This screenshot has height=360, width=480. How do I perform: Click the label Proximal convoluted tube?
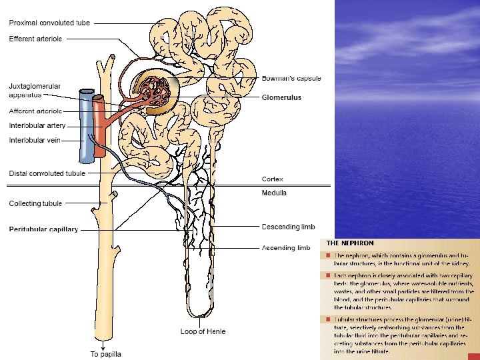49,23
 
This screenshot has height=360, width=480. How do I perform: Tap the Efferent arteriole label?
35,39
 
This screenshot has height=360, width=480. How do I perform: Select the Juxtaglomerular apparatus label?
35,91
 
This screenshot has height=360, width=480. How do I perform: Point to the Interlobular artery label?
37,125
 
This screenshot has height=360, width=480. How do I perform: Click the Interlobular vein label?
35,140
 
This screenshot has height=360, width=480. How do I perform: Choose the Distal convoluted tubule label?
47,173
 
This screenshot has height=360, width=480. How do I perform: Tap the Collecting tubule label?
35,203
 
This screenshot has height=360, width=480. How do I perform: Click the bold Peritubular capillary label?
43,229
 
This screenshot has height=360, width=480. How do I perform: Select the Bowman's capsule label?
291,78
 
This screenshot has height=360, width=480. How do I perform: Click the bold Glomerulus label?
281,97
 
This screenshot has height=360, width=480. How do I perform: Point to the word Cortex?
273,179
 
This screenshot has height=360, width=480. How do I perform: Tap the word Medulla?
274,193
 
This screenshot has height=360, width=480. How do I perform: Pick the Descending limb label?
288,227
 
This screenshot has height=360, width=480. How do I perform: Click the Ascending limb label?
286,248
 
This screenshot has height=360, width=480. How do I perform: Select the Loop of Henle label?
203,331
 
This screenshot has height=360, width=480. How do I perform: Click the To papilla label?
106,354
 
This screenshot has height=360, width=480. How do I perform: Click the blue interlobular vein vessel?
85,127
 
